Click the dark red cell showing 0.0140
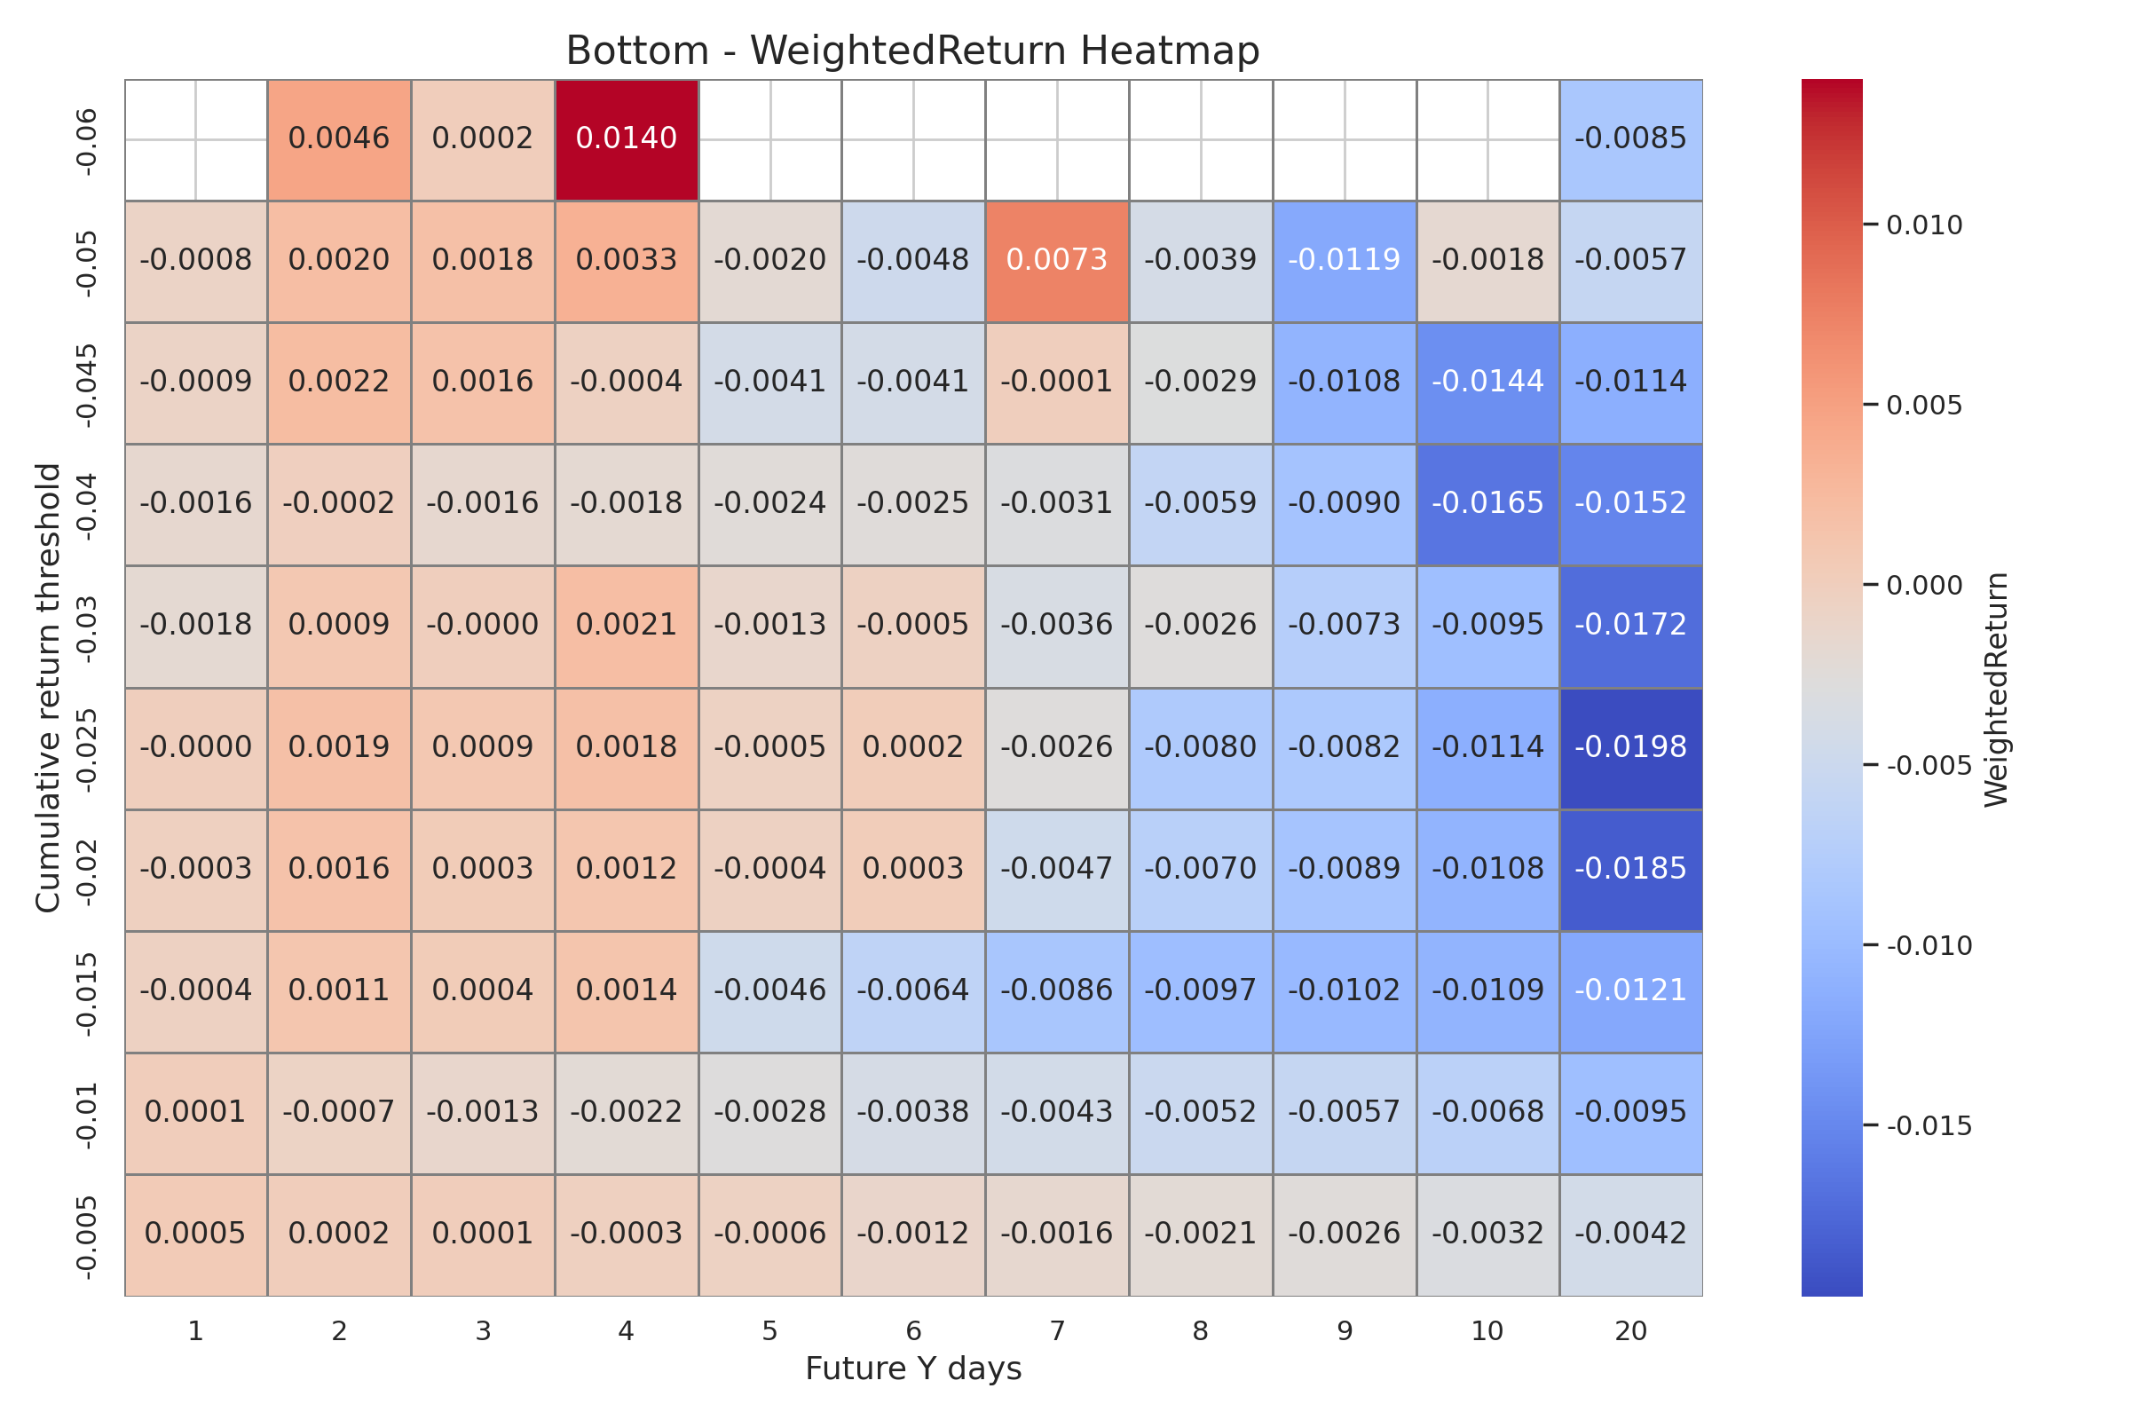tap(626, 139)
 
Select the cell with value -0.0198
tap(1630, 748)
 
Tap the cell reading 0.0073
tap(1057, 261)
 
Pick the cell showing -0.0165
tap(1487, 504)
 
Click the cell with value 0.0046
tap(339, 139)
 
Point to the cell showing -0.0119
tap(1344, 261)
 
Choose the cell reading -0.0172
tap(1630, 626)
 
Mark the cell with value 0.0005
tap(195, 1235)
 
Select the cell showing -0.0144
tap(1487, 383)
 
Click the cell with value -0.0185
tap(1630, 870)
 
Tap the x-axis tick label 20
tap(1630, 1331)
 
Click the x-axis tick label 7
tap(1057, 1331)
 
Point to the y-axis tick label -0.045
tap(87, 384)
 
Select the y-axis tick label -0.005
tap(87, 1236)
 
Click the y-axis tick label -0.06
tap(87, 141)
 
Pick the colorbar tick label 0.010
tap(1923, 225)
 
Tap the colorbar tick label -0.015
tap(1928, 1125)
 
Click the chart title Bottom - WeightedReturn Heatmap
tap(913, 51)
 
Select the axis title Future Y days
tap(913, 1369)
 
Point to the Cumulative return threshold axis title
tap(47, 689)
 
